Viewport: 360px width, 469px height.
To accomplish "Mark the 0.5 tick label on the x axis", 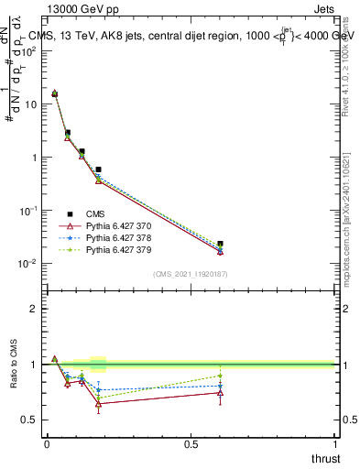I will point(191,444).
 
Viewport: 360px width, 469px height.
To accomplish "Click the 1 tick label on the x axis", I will point(335,444).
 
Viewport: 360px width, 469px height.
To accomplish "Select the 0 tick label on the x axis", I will point(47,444).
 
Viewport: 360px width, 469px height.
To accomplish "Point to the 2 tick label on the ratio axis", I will point(34,309).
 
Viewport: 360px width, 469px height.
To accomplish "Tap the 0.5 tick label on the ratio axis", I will point(29,420).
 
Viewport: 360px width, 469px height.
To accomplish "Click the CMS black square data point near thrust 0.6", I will point(220,245).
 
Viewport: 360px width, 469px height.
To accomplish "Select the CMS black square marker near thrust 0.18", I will point(98,169).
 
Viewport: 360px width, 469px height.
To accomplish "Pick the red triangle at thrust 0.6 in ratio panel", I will point(220,392).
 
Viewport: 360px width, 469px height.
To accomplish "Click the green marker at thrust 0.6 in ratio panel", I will point(220,376).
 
